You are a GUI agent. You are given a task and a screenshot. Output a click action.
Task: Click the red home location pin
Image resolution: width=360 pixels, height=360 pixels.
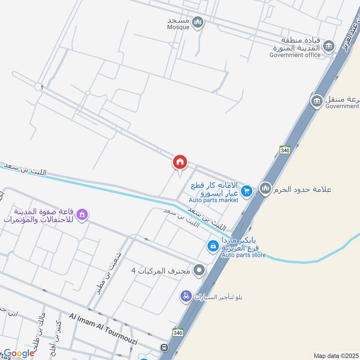pos(180,162)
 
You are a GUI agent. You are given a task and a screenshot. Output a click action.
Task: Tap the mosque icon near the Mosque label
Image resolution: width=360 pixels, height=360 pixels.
pos(198,22)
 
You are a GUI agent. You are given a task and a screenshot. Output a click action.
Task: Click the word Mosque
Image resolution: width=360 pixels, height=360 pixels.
pos(179,27)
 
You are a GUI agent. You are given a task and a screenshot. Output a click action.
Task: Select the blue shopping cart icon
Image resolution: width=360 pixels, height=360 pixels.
pos(246,192)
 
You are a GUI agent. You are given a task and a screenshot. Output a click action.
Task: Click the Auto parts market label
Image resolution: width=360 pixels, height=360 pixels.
pos(213,200)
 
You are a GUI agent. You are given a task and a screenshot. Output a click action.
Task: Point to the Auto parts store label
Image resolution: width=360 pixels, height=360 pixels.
pos(243,255)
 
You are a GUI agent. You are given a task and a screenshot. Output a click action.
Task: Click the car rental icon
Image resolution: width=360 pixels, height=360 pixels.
pos(185,297)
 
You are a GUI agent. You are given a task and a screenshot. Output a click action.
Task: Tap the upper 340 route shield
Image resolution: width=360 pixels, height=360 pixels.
pos(284,150)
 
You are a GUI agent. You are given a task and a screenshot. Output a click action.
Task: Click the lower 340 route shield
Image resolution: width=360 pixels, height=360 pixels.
pos(177,332)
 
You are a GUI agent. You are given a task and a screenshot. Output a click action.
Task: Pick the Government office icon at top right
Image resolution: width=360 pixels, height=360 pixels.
pos(330,45)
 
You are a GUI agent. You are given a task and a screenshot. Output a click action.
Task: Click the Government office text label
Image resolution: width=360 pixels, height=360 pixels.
pos(295,55)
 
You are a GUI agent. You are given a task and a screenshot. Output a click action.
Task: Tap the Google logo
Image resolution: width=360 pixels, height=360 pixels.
pos(19,353)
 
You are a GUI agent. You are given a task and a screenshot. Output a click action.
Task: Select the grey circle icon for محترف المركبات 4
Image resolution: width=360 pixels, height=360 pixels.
pos(199,270)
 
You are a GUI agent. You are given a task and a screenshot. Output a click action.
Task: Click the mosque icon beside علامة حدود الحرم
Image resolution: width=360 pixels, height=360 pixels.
pos(265,189)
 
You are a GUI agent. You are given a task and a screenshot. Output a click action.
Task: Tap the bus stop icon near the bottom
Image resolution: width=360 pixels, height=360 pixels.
pos(165,348)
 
